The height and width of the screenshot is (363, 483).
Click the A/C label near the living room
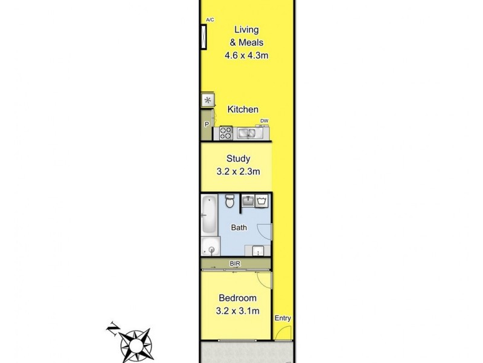210,20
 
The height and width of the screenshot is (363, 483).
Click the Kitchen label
243,110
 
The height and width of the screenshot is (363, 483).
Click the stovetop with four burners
226,132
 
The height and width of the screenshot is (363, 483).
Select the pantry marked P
207,125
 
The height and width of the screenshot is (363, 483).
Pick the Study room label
238,159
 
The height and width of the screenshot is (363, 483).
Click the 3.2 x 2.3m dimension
238,172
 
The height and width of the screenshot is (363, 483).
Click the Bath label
239,227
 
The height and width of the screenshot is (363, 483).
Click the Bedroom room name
238,298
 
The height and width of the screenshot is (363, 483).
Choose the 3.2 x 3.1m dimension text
238,312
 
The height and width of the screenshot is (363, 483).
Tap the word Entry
282,319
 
